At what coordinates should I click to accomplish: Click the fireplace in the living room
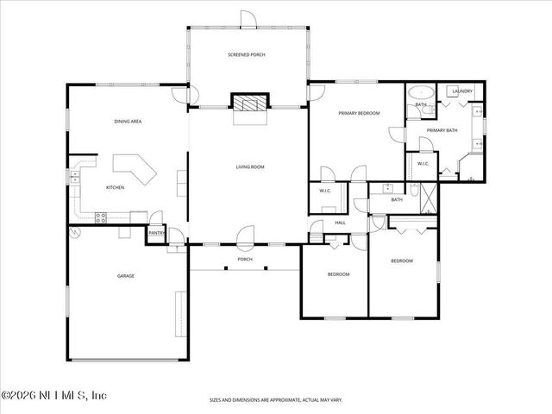point(248,103)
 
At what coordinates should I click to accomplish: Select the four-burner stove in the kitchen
point(100,217)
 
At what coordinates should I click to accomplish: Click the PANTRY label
point(156,232)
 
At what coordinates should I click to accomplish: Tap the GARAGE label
point(126,275)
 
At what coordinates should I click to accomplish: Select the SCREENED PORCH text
point(247,54)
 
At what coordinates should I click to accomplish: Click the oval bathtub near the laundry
point(421,92)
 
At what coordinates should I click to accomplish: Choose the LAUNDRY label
point(461,90)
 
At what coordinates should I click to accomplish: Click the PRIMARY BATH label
point(442,129)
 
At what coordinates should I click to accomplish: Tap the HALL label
point(341,223)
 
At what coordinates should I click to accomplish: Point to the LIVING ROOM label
point(250,166)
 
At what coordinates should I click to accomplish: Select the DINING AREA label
point(128,122)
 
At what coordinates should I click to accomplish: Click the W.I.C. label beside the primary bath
point(423,163)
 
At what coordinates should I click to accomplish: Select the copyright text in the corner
point(53,395)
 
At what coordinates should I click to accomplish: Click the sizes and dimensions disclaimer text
point(275,400)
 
